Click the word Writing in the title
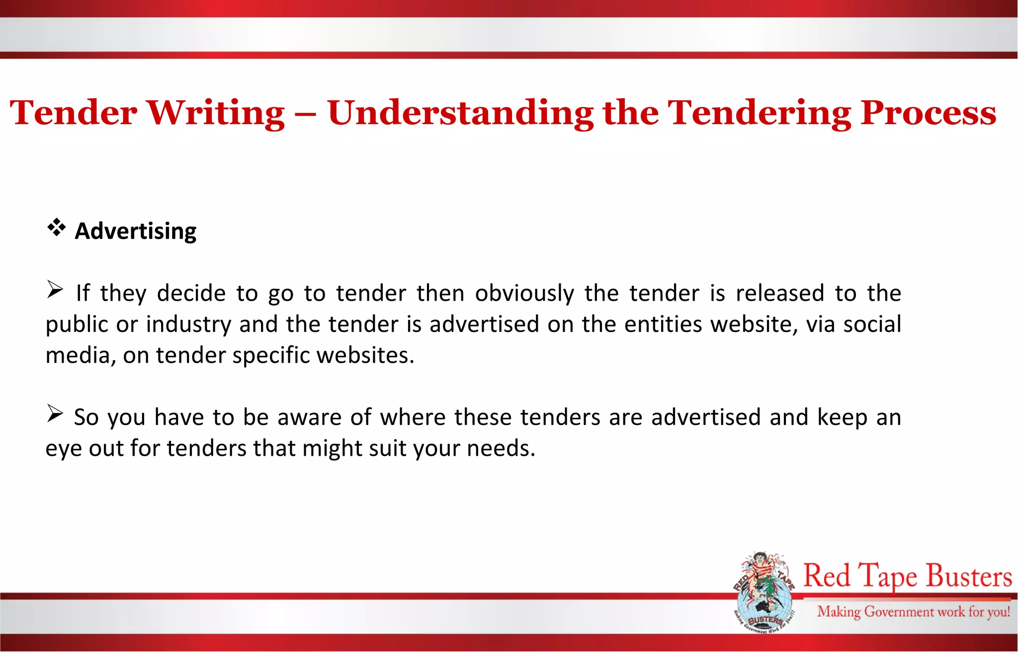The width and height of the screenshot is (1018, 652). (215, 113)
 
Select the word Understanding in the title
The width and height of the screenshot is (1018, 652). (460, 113)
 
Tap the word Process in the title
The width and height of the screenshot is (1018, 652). (928, 113)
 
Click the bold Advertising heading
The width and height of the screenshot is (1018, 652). (135, 231)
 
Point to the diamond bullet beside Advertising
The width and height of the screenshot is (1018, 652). (57, 227)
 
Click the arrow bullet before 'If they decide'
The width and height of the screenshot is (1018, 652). (55, 289)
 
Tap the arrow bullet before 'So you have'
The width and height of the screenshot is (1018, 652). (55, 413)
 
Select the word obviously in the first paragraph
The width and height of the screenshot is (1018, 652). (524, 293)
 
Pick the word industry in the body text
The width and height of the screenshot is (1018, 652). (188, 325)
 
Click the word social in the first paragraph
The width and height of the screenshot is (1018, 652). (872, 325)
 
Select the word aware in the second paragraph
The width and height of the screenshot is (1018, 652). (309, 417)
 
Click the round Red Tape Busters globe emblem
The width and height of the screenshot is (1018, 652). (763, 593)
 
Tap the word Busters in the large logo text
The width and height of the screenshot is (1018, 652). (969, 576)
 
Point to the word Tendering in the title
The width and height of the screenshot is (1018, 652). (759, 113)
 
